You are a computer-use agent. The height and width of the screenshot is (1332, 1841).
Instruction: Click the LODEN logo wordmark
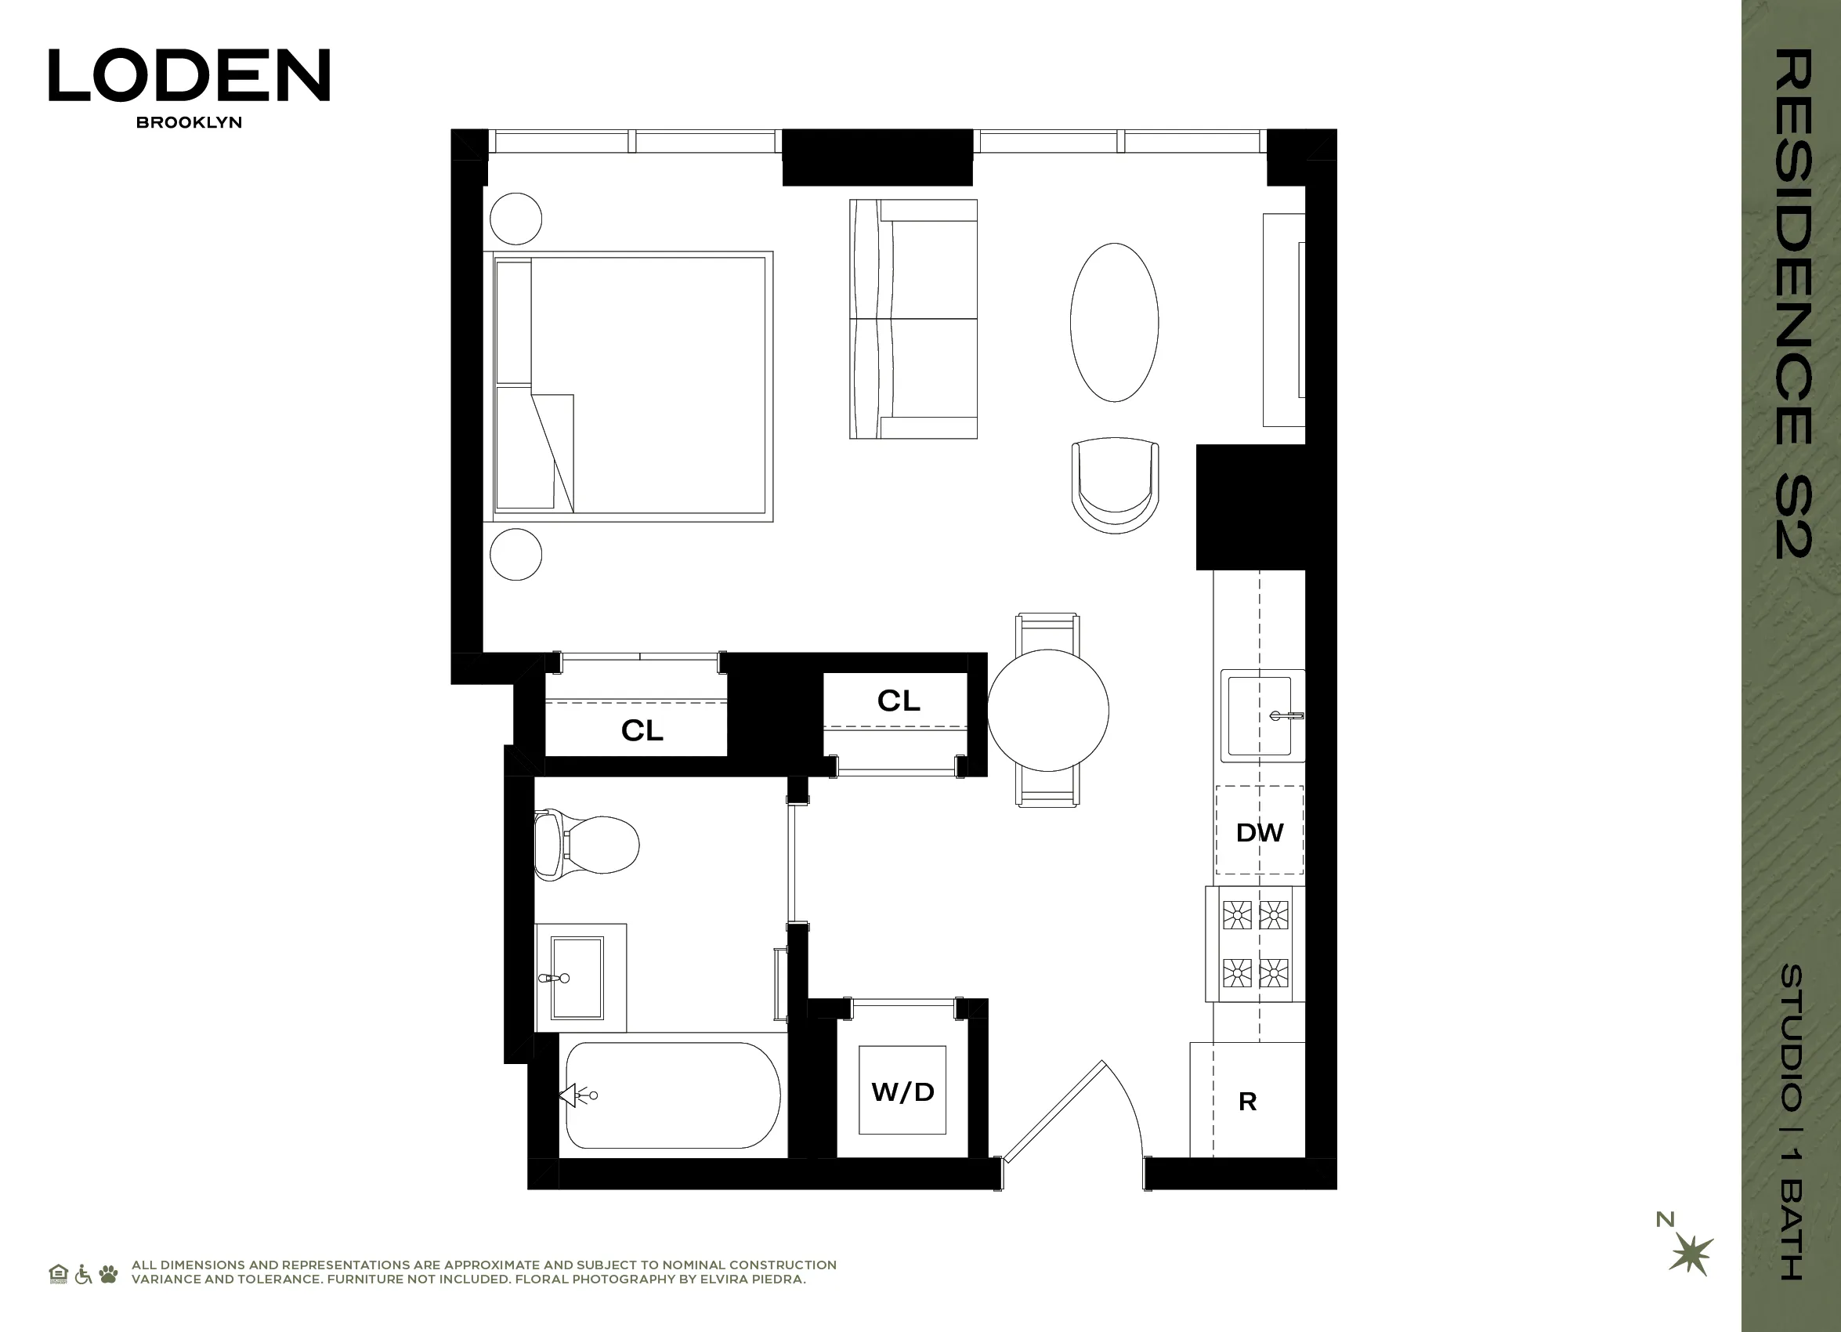[189, 75]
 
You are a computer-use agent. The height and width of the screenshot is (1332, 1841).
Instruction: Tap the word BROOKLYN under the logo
[189, 122]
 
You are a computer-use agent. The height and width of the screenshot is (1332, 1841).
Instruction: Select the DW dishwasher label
[1259, 832]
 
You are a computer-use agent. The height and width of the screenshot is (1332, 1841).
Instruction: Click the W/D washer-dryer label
[902, 1091]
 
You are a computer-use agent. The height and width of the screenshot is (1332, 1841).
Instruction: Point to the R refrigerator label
[1248, 1102]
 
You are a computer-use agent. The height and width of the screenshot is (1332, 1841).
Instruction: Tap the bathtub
[672, 1095]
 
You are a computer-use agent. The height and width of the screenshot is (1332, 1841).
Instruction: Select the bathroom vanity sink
[577, 977]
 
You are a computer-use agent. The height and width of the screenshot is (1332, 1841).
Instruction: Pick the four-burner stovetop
[1255, 944]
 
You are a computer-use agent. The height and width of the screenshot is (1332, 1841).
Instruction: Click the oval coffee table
[1114, 322]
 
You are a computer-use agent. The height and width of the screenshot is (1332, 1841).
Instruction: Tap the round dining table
[1048, 710]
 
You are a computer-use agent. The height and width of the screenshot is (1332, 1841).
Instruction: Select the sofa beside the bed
[913, 319]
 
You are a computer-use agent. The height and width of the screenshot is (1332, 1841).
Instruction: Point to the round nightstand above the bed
[516, 219]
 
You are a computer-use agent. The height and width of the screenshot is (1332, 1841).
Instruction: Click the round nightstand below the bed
[516, 555]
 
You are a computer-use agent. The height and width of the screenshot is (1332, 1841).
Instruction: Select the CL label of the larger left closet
[642, 730]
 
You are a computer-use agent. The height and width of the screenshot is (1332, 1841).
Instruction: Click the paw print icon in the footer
[109, 1273]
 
